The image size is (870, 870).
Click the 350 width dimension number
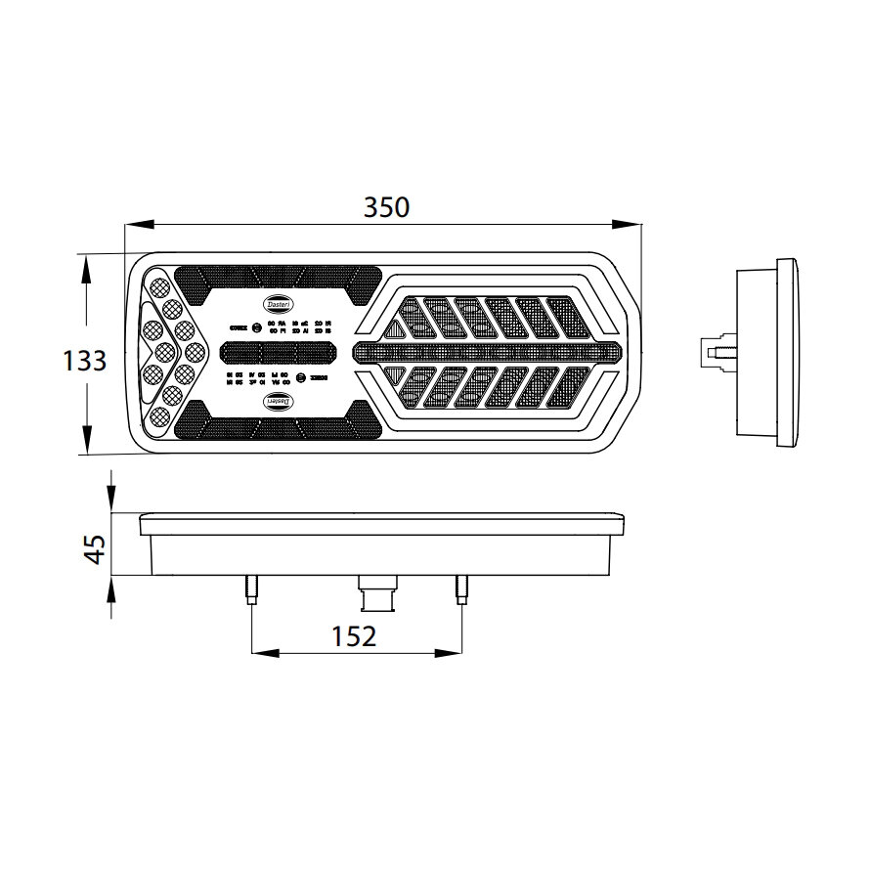pyautogui.click(x=385, y=206)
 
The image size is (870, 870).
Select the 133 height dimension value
pyautogui.click(x=84, y=361)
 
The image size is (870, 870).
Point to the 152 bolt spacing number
pyautogui.click(x=354, y=636)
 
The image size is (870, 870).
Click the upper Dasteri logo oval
pyautogui.click(x=278, y=304)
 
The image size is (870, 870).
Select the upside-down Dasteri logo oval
pyautogui.click(x=279, y=401)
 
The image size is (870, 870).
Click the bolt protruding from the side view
pyautogui.click(x=716, y=349)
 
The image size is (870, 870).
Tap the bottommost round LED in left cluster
pyautogui.click(x=158, y=418)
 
